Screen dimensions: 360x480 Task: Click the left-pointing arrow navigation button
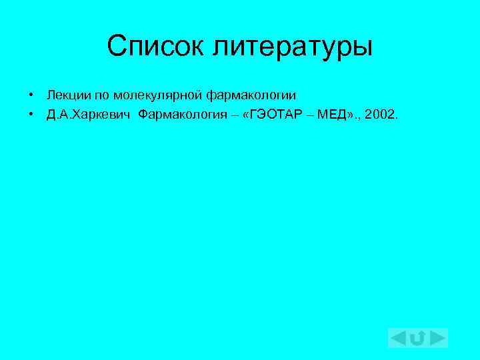[x=398, y=338]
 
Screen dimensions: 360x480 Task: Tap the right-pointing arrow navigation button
[x=438, y=338]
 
